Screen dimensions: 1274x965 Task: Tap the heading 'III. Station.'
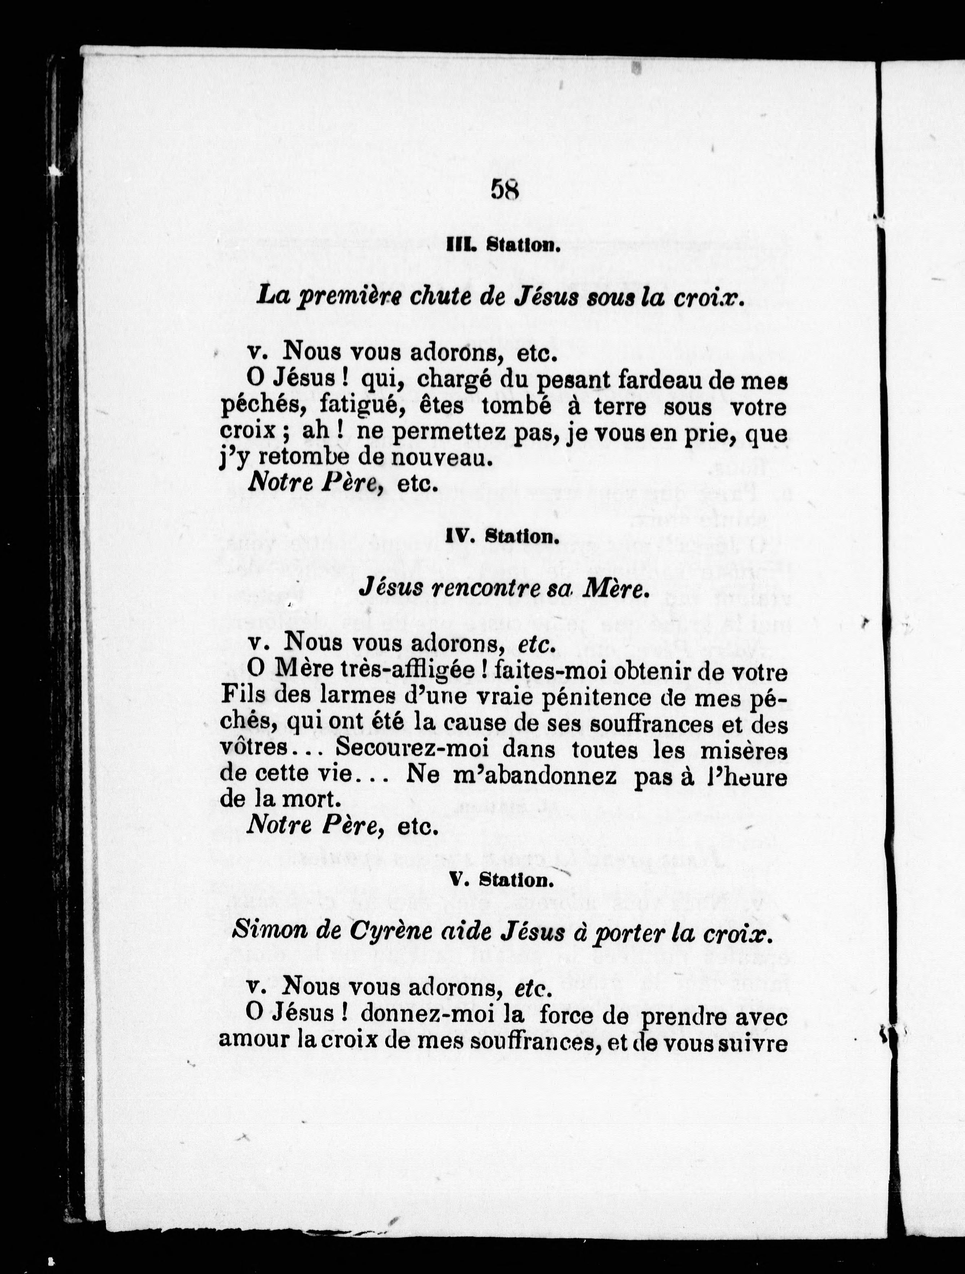coord(504,245)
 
